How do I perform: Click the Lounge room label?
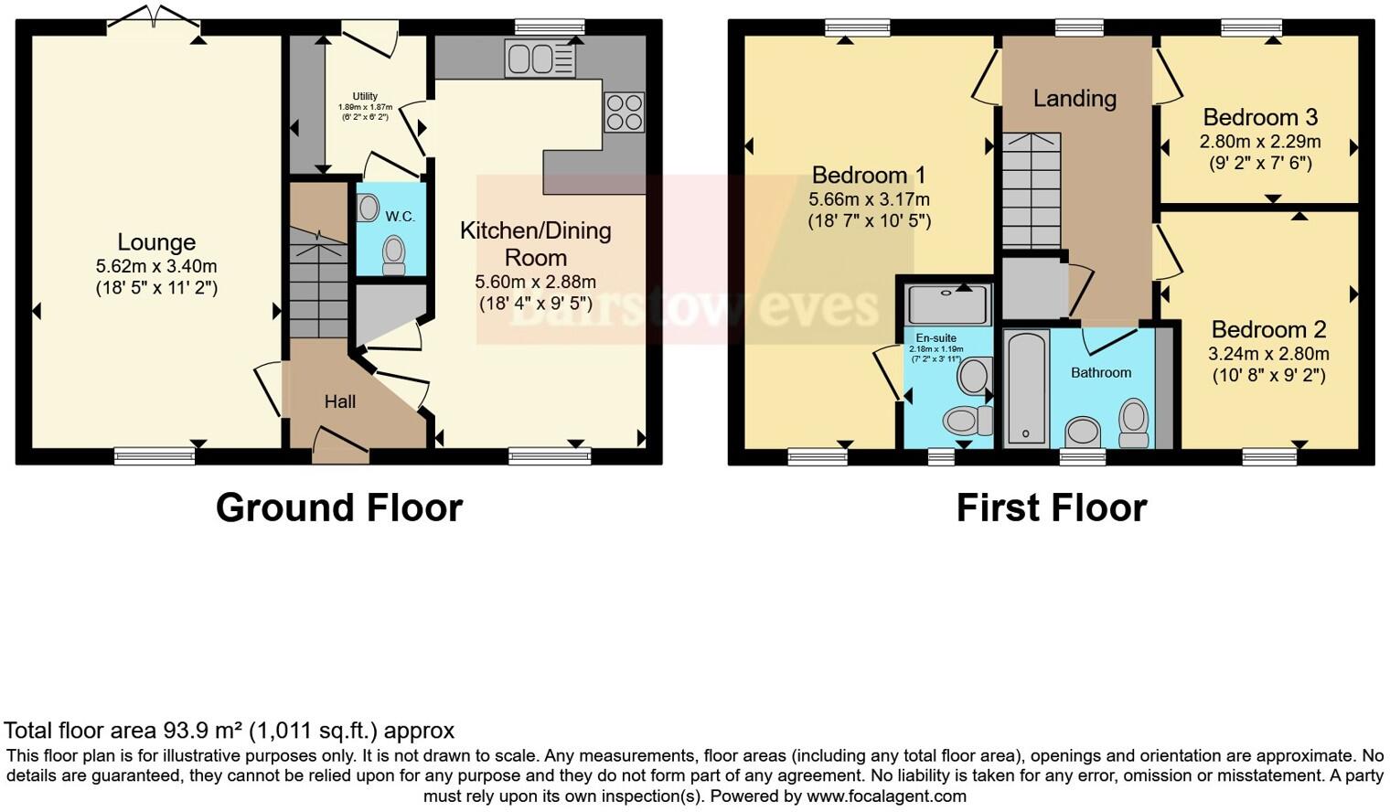point(156,242)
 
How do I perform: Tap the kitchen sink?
point(540,59)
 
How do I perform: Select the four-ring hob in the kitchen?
point(624,112)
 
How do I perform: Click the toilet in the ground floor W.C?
point(394,254)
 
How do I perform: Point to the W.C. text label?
point(400,217)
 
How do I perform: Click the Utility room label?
point(365,96)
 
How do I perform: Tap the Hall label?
point(339,401)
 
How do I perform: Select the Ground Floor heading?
point(338,507)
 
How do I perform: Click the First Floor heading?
point(1051,507)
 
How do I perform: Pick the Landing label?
point(1075,99)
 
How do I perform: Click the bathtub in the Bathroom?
point(1026,388)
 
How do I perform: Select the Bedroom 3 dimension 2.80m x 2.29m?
point(1259,142)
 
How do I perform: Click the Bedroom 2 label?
point(1268,329)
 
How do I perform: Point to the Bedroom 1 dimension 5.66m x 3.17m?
point(869,199)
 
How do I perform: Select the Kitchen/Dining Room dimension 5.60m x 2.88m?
point(535,282)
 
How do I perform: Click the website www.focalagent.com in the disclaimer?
point(886,796)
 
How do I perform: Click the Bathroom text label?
point(1101,372)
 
